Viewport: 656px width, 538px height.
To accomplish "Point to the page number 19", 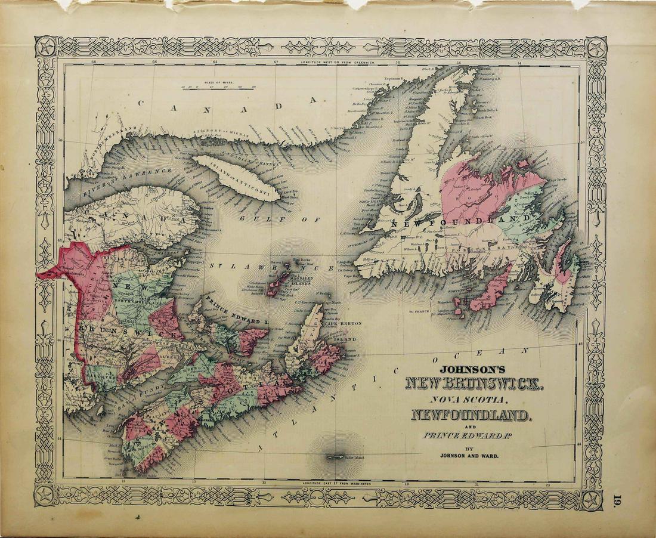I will coord(620,499).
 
